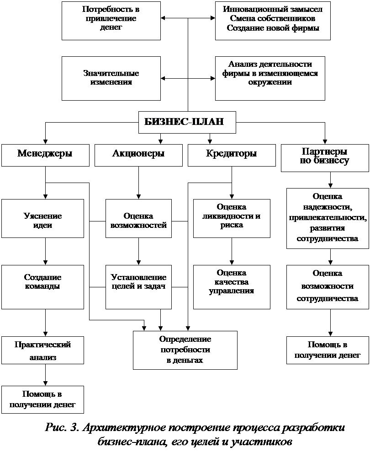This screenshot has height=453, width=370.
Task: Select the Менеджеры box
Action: pos(45,156)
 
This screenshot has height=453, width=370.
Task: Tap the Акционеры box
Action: pos(138,156)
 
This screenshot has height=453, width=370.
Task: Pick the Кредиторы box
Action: pos(232,156)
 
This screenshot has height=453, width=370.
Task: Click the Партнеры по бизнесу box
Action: pos(325,158)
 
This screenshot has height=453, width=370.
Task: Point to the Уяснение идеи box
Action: pos(42,218)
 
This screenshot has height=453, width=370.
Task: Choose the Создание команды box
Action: pos(42,287)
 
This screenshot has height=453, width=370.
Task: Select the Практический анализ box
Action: pos(42,350)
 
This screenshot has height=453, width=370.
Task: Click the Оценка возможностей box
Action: pos(138,218)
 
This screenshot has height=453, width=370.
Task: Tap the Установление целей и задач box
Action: pos(138,287)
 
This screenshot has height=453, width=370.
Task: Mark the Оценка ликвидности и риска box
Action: pos(232,218)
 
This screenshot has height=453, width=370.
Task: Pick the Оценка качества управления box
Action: pos(232,287)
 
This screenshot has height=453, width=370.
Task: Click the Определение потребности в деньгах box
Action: pos(185,350)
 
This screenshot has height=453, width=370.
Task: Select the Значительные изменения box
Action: pos(111,78)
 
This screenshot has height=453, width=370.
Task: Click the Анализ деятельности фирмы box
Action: pos(270,78)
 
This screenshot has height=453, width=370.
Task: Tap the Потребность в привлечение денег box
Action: pos(111,21)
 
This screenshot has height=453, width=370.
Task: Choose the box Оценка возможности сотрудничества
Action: pos(328,287)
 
